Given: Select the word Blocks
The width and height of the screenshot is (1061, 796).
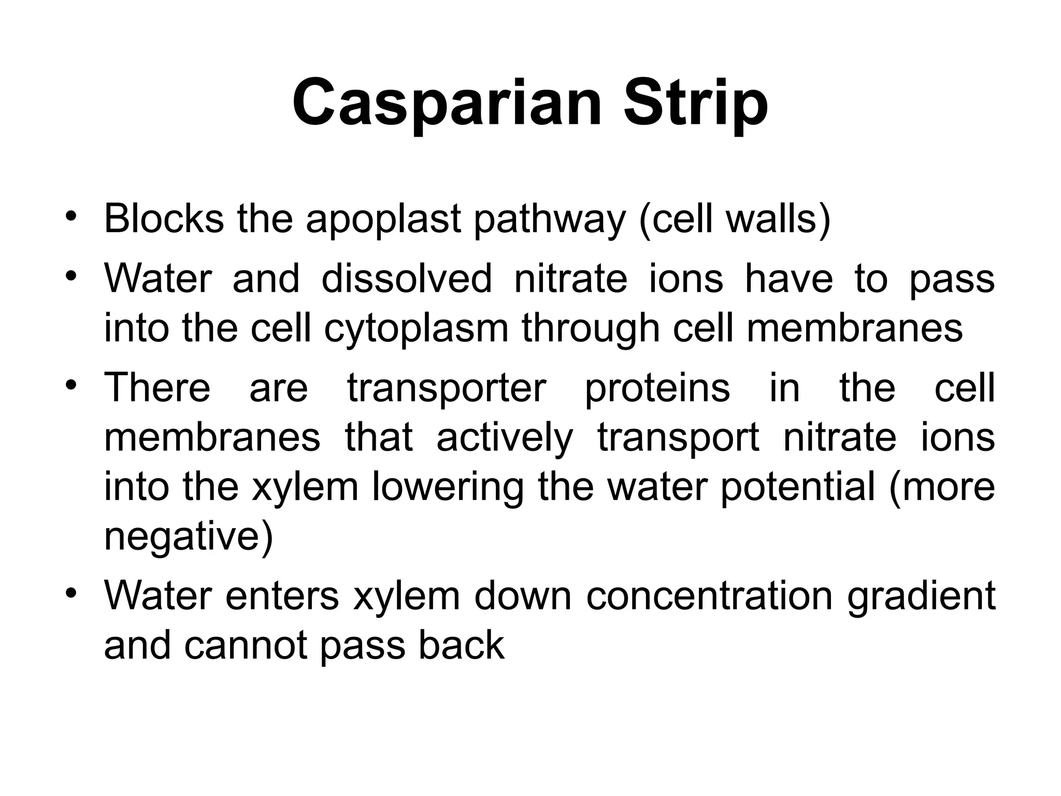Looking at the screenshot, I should click(x=164, y=218).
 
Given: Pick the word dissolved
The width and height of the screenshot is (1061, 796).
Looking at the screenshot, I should click(x=407, y=279).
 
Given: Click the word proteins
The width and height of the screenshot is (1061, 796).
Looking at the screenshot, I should click(x=657, y=389).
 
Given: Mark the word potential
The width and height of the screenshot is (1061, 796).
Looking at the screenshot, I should click(x=797, y=489).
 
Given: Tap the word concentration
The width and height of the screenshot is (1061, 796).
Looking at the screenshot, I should click(x=710, y=596).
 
